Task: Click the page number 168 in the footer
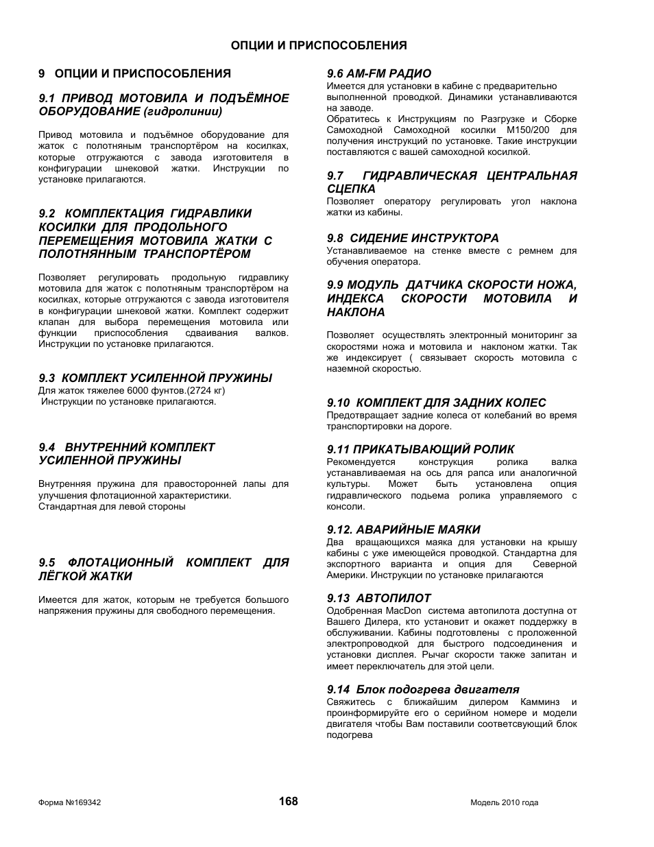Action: click(289, 801)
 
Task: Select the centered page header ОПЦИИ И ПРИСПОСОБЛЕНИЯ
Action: click(319, 45)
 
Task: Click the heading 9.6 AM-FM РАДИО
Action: click(379, 73)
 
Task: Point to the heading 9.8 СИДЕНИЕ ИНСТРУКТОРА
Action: click(413, 238)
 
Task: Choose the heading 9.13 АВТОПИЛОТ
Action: click(379, 598)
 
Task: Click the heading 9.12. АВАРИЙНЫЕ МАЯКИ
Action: click(404, 529)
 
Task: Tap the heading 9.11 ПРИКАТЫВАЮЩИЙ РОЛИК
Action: click(420, 449)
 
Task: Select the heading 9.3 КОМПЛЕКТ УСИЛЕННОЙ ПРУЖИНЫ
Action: click(156, 378)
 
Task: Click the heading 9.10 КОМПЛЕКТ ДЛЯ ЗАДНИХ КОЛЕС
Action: click(436, 403)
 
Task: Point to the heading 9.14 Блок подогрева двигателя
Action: click(423, 689)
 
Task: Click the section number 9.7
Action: click(335, 176)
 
